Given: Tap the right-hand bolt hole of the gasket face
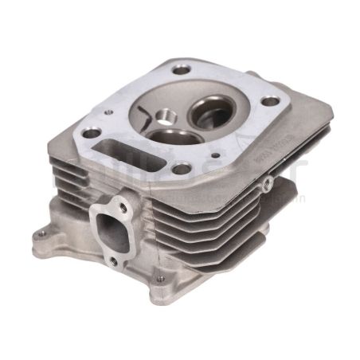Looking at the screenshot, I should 271,101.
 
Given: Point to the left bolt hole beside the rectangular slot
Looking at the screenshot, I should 92,132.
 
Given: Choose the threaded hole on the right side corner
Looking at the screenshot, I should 268,185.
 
